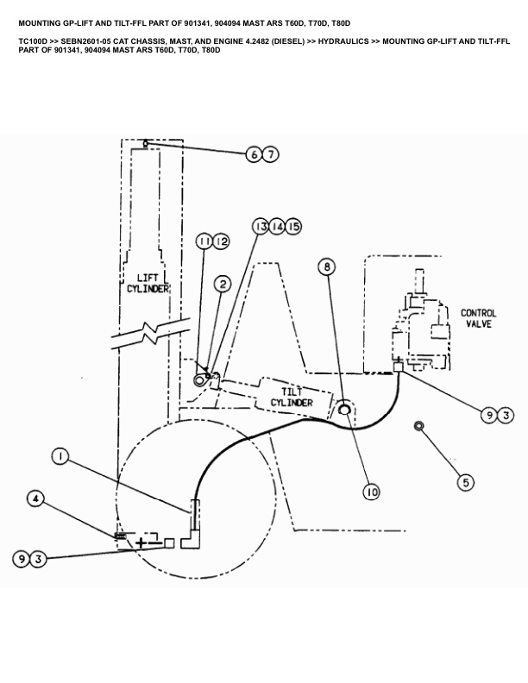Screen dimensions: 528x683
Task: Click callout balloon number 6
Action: [x=254, y=154]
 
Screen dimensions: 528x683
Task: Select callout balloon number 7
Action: [x=271, y=154]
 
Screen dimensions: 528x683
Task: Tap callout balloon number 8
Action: [x=327, y=266]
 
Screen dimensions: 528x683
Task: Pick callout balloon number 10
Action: [x=371, y=492]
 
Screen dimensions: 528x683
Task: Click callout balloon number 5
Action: [x=466, y=482]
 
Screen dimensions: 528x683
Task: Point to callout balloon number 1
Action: [x=60, y=456]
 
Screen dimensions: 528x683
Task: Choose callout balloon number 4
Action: [x=35, y=498]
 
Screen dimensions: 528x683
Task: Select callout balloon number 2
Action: [x=223, y=285]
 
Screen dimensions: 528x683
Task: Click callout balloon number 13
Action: [x=261, y=227]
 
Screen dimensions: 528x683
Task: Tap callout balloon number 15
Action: [x=293, y=227]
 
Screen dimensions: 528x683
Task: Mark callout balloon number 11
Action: [x=204, y=241]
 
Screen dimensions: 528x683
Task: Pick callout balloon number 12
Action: [x=222, y=241]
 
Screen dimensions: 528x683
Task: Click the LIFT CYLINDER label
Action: [x=148, y=283]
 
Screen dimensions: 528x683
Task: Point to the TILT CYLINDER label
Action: [x=292, y=398]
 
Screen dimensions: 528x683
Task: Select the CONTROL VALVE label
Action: [x=478, y=318]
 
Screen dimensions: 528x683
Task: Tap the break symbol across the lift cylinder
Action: [x=151, y=333]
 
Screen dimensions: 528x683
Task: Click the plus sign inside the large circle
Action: [x=141, y=542]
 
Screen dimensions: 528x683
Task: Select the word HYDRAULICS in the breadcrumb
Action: [x=343, y=41]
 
